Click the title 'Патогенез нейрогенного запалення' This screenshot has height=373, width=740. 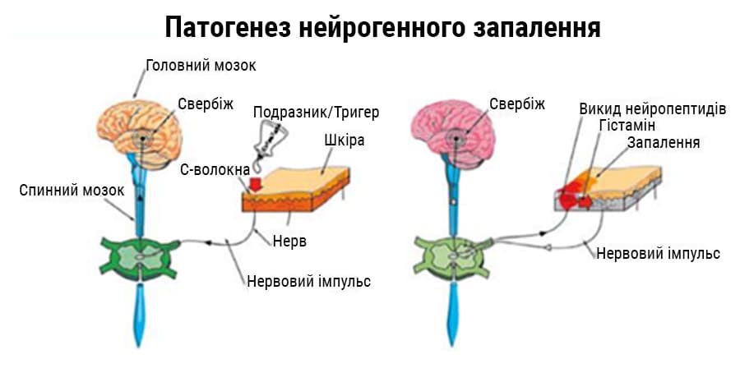[x=382, y=28]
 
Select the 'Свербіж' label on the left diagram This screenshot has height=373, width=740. [x=206, y=104]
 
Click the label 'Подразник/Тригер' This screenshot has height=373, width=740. [x=316, y=113]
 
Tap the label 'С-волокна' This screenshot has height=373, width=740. [x=215, y=169]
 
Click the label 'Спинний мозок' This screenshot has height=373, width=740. [x=72, y=191]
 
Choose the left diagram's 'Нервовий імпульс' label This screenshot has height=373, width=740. [x=308, y=281]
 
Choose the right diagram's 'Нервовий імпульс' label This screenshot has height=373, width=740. [x=659, y=253]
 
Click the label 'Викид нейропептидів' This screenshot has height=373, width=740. [x=652, y=109]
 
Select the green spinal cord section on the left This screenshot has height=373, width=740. [x=139, y=256]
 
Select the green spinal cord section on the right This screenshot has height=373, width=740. [x=451, y=256]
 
